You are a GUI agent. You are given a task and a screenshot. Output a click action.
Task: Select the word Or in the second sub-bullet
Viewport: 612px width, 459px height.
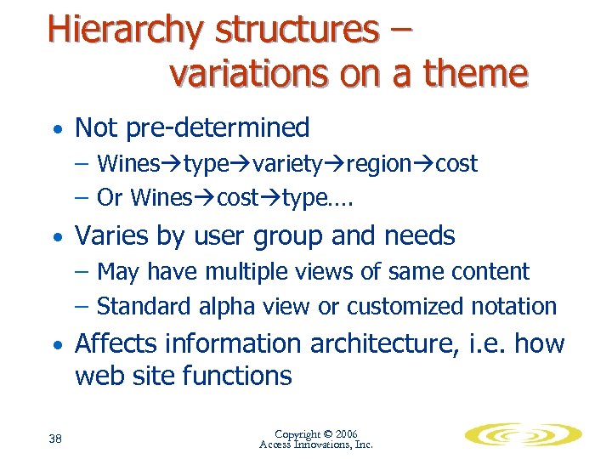click(x=110, y=197)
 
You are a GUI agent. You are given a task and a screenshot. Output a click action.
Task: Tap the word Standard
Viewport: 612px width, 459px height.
click(x=144, y=306)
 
